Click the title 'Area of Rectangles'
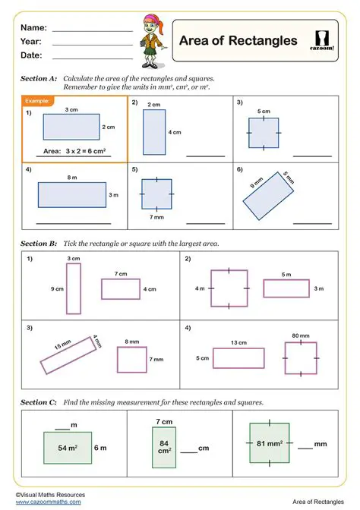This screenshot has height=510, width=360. (x=238, y=41)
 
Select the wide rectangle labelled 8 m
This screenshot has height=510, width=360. (x=72, y=195)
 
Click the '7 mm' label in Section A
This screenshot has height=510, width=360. (x=157, y=218)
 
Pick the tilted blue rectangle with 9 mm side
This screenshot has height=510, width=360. (x=267, y=197)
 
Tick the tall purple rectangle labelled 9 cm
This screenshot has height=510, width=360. (x=73, y=288)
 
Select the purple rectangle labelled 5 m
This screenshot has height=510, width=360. (x=286, y=288)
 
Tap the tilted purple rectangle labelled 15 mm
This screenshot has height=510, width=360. (x=70, y=354)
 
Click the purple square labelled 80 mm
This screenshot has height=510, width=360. (x=301, y=357)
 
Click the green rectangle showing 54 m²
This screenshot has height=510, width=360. (x=68, y=448)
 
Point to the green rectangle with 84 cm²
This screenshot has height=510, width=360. (x=164, y=448)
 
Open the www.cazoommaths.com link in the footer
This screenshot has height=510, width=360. (x=48, y=502)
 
